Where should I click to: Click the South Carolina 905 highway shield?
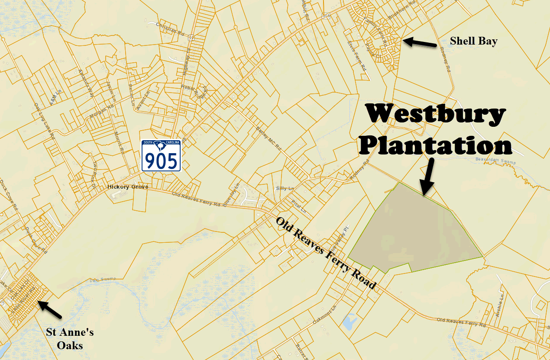click(x=161, y=155)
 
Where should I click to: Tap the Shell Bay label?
click(x=473, y=41)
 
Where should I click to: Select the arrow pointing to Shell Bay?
click(x=419, y=42)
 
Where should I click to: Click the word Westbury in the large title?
click(x=435, y=115)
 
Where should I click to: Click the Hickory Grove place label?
click(x=128, y=187)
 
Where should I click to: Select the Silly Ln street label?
click(x=285, y=188)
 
